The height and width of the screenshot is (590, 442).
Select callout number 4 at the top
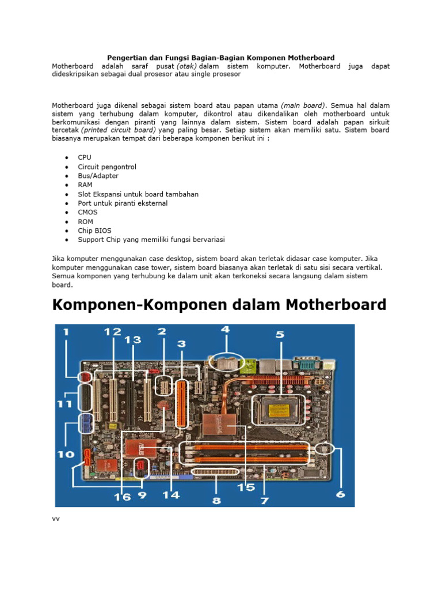coord(225,331)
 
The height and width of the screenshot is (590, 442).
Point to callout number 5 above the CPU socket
coord(280,334)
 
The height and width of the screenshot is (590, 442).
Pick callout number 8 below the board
coord(216,500)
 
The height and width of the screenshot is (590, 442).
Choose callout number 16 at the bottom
coord(121,496)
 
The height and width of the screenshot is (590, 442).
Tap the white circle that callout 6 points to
coord(325,449)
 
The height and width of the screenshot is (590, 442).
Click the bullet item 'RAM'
coord(85,185)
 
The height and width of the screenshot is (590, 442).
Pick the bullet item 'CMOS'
coord(87,212)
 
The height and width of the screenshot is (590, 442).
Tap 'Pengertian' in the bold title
coord(125,58)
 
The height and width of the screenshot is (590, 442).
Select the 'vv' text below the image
coord(56,519)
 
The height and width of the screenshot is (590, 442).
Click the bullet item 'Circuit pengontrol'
coord(107,167)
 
